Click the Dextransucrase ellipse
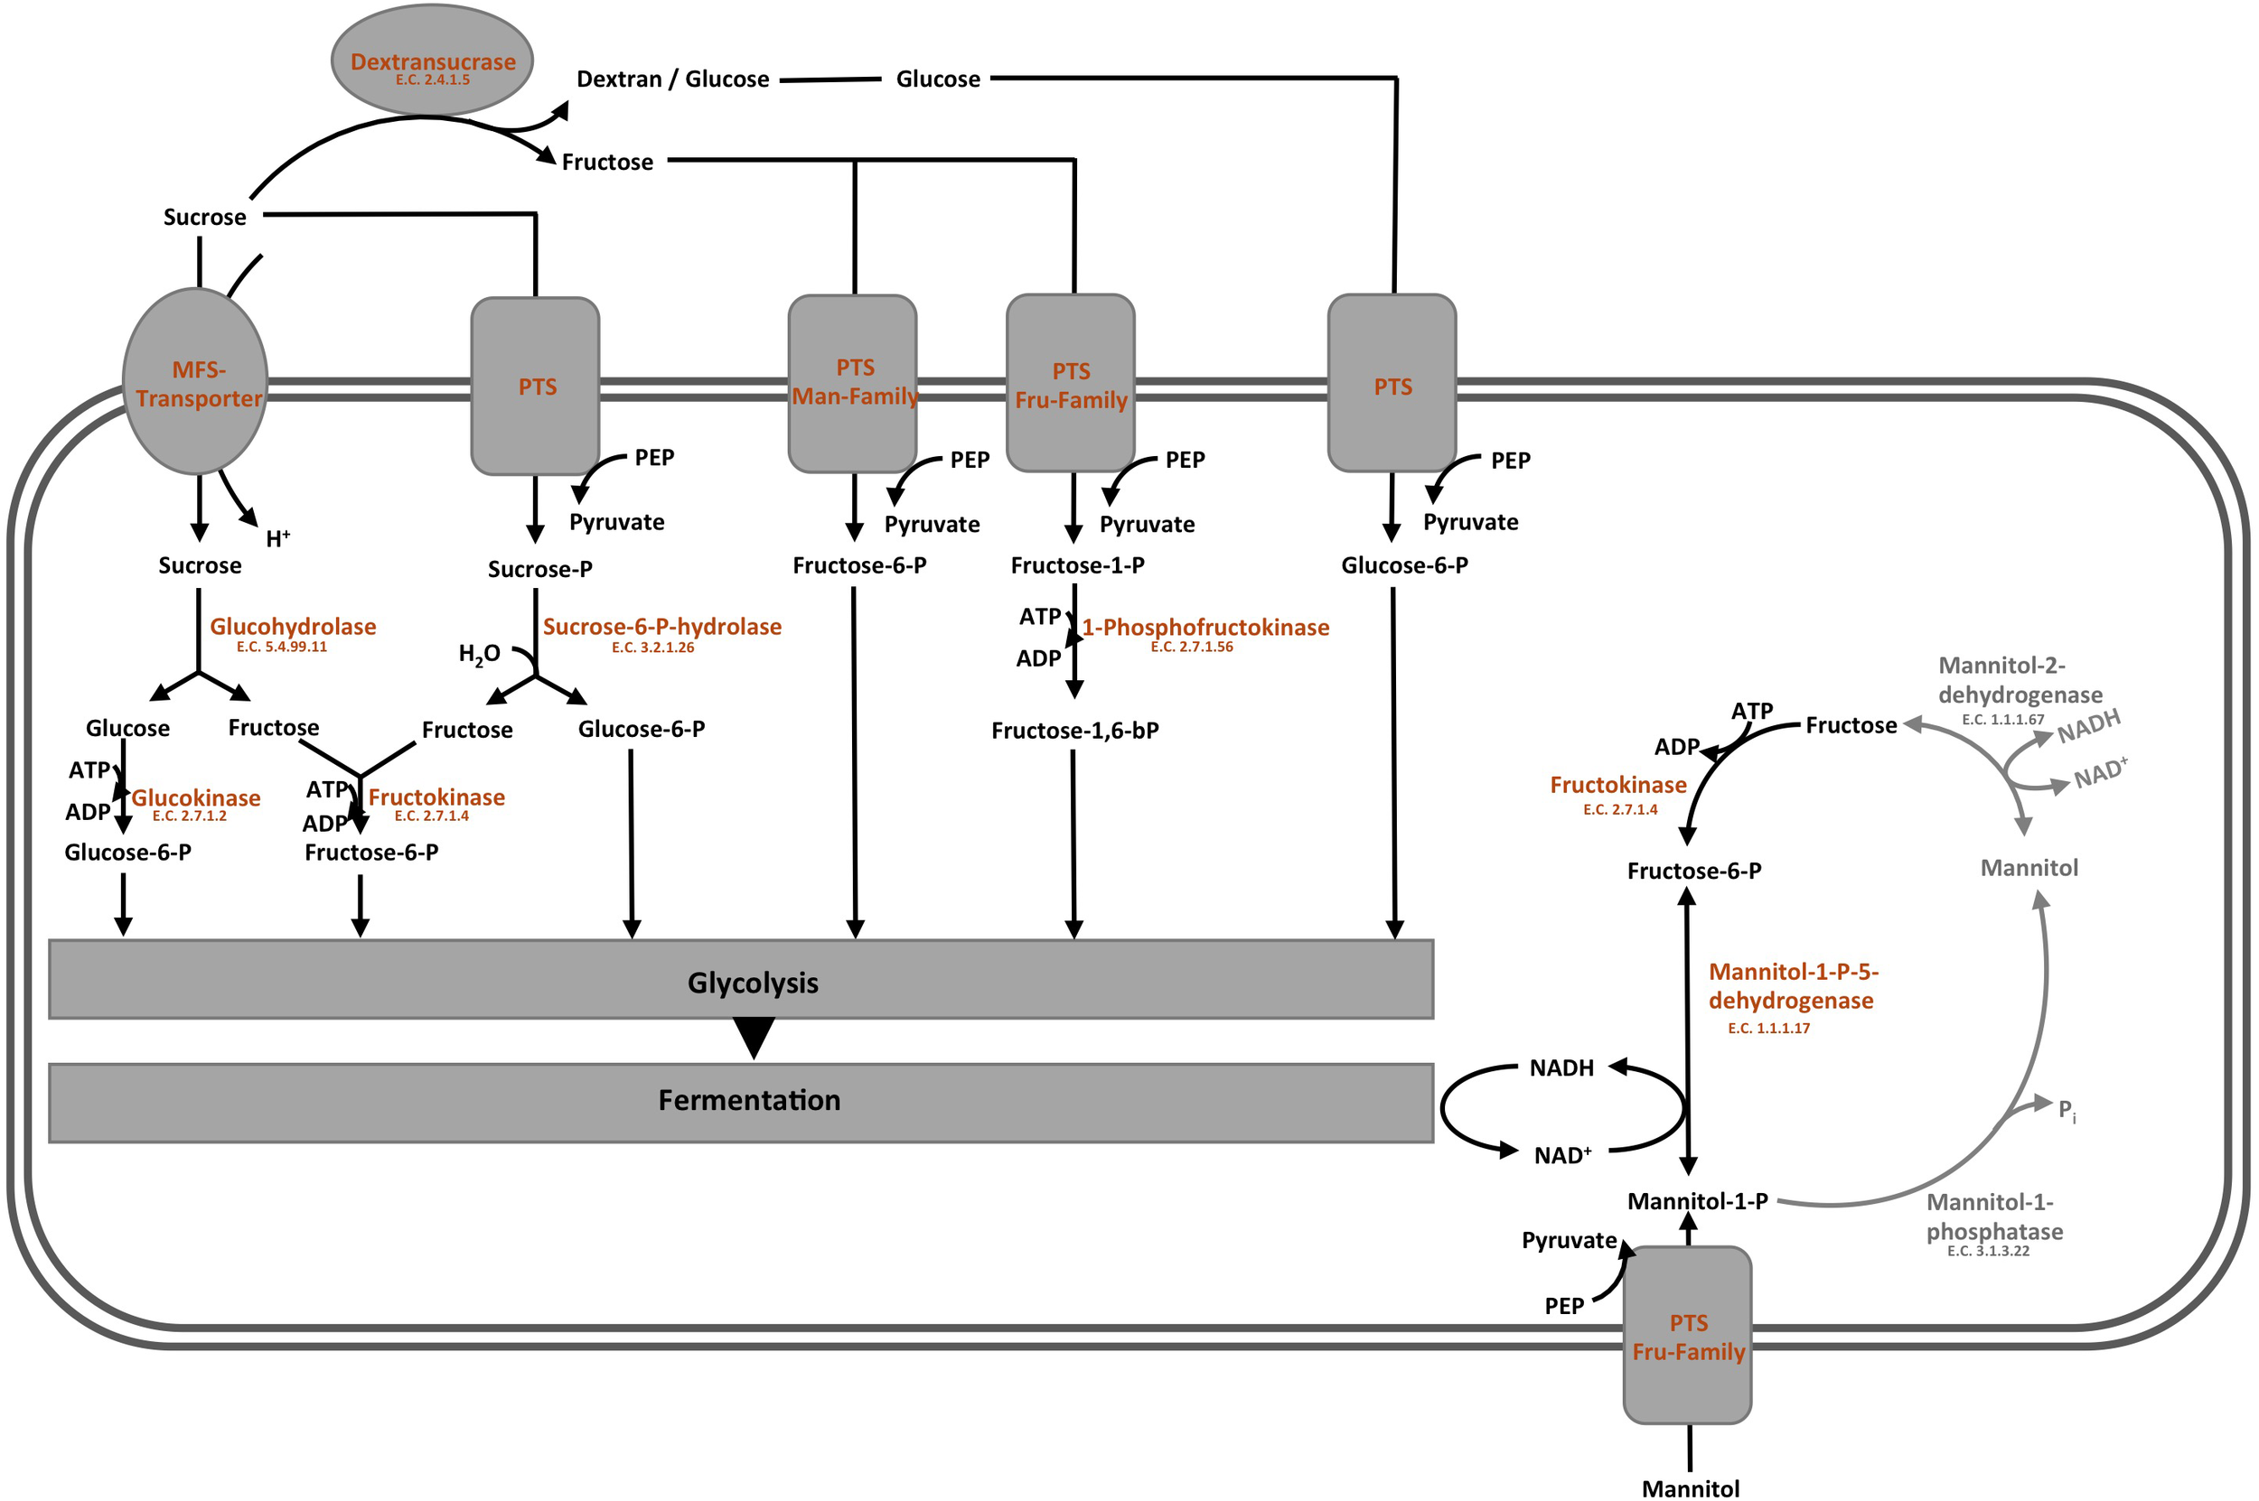tap(432, 60)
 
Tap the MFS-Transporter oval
tap(196, 382)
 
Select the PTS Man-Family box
tap(852, 383)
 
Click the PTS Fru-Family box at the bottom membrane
tap(1687, 1336)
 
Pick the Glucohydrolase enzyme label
tap(292, 627)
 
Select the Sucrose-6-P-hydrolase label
tap(661, 627)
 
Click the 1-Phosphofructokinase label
tap(1205, 628)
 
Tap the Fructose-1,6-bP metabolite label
tap(1074, 732)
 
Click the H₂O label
tap(479, 655)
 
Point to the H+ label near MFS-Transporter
tap(277, 539)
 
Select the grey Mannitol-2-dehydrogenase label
tap(2020, 681)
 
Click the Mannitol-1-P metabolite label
tap(1697, 1201)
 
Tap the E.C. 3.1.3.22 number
tap(1988, 1251)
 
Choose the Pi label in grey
tap(2067, 1111)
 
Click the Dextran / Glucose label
tap(672, 79)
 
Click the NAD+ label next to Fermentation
tap(1561, 1155)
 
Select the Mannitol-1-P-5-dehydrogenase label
tap(1792, 986)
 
